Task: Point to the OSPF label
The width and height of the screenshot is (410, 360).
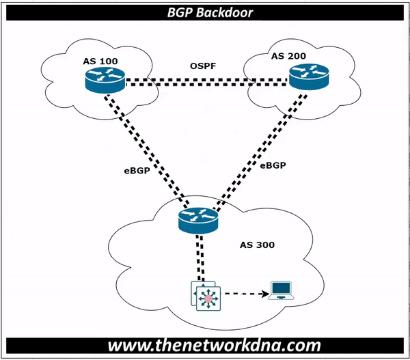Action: [203, 66]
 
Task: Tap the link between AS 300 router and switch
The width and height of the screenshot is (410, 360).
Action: [199, 256]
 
